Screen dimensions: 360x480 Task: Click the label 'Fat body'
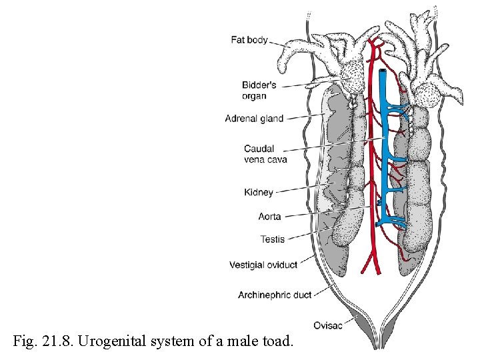coord(249,40)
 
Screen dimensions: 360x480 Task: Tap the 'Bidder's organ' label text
coord(259,90)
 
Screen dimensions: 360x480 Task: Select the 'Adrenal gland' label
coord(254,119)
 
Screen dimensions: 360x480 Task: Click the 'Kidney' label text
coord(259,193)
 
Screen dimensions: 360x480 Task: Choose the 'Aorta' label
coord(270,217)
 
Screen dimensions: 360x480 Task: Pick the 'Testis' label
coord(273,239)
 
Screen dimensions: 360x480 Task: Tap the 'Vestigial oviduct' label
coord(263,265)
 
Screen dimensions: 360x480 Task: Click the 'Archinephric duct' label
coord(274,295)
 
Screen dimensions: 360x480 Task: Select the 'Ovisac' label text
coord(327,325)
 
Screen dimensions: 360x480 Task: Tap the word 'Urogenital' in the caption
coord(109,342)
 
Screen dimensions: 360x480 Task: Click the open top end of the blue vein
coord(383,71)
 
